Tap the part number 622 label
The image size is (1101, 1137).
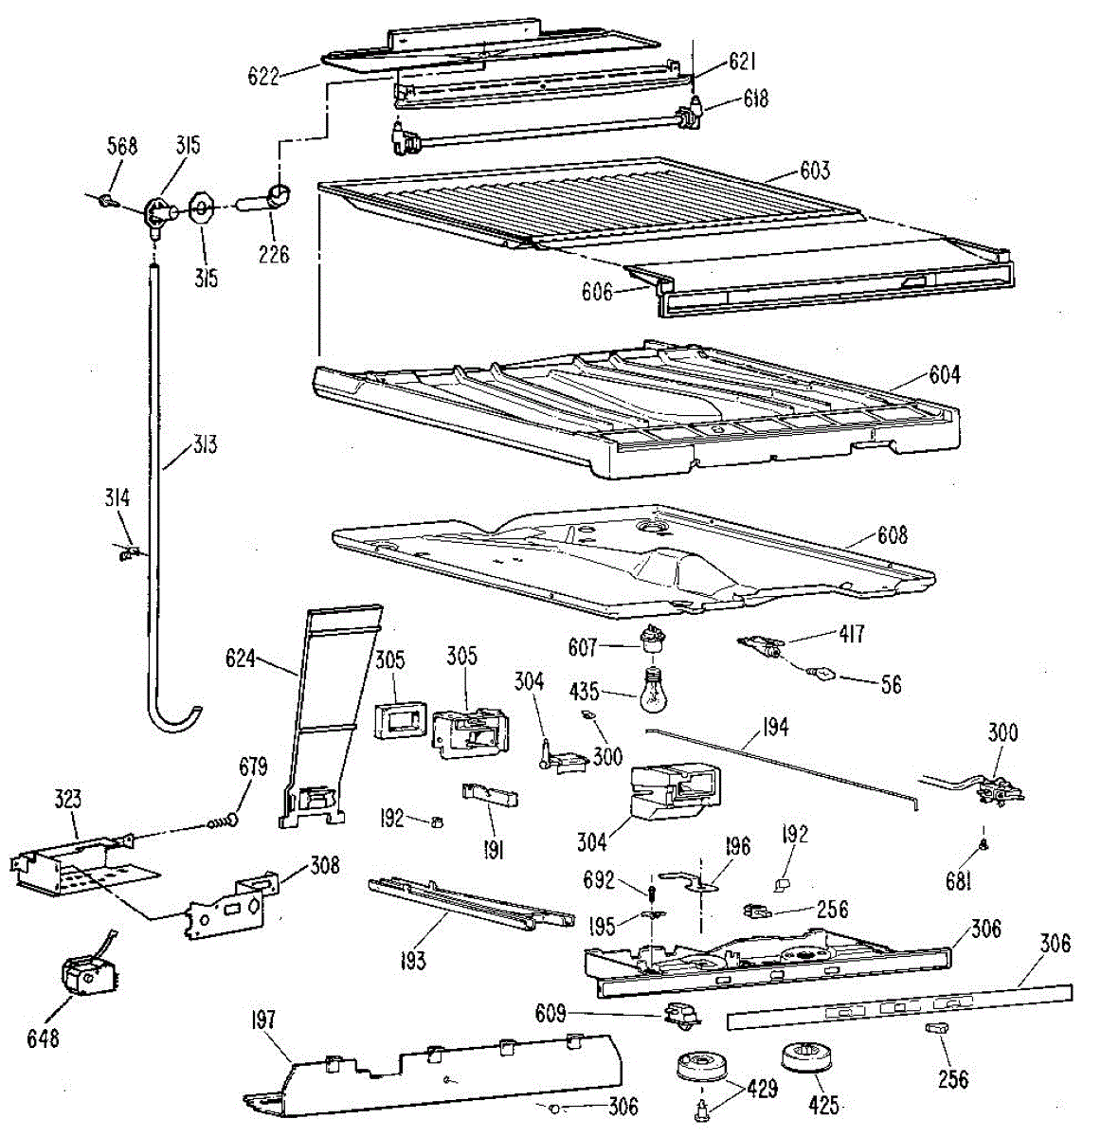tap(263, 76)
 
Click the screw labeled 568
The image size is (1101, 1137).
tap(108, 199)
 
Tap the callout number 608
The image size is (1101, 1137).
tap(892, 535)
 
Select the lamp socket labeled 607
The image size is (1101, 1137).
tap(650, 645)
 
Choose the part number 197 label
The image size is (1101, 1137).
tap(262, 1020)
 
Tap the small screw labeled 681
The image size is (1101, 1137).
tap(984, 842)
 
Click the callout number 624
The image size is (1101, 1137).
tap(241, 657)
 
